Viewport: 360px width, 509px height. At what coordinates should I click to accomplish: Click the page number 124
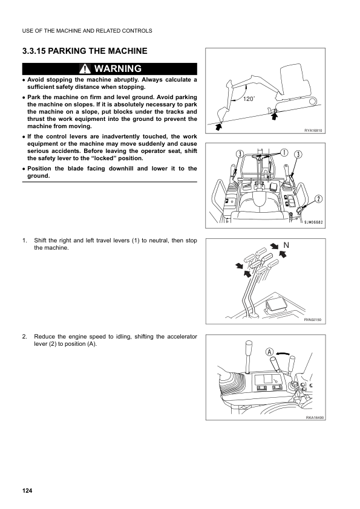[27, 490]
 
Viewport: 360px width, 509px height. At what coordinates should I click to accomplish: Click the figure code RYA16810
[314, 131]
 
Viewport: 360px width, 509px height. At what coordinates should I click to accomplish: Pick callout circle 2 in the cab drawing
[318, 198]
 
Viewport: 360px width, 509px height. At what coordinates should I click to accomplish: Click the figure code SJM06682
[313, 222]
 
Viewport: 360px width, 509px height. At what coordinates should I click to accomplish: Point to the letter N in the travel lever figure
[292, 245]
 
